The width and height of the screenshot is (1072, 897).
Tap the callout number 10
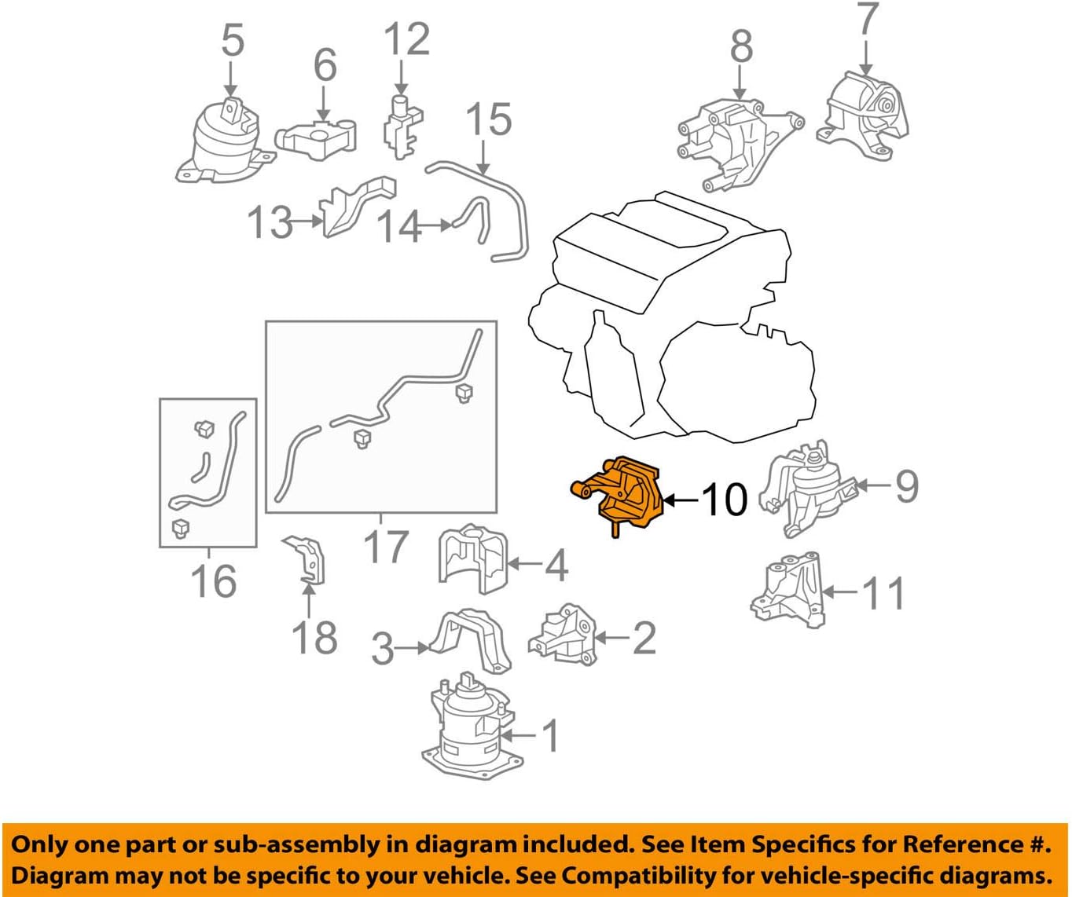tap(725, 500)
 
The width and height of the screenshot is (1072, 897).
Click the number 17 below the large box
tap(385, 547)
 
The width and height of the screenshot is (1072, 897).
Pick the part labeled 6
tap(316, 138)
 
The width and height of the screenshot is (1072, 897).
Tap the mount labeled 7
tap(862, 116)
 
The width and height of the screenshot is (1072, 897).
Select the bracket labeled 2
tap(563, 635)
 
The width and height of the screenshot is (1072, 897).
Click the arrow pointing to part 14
tap(435, 225)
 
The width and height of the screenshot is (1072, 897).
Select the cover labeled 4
tap(472, 558)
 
